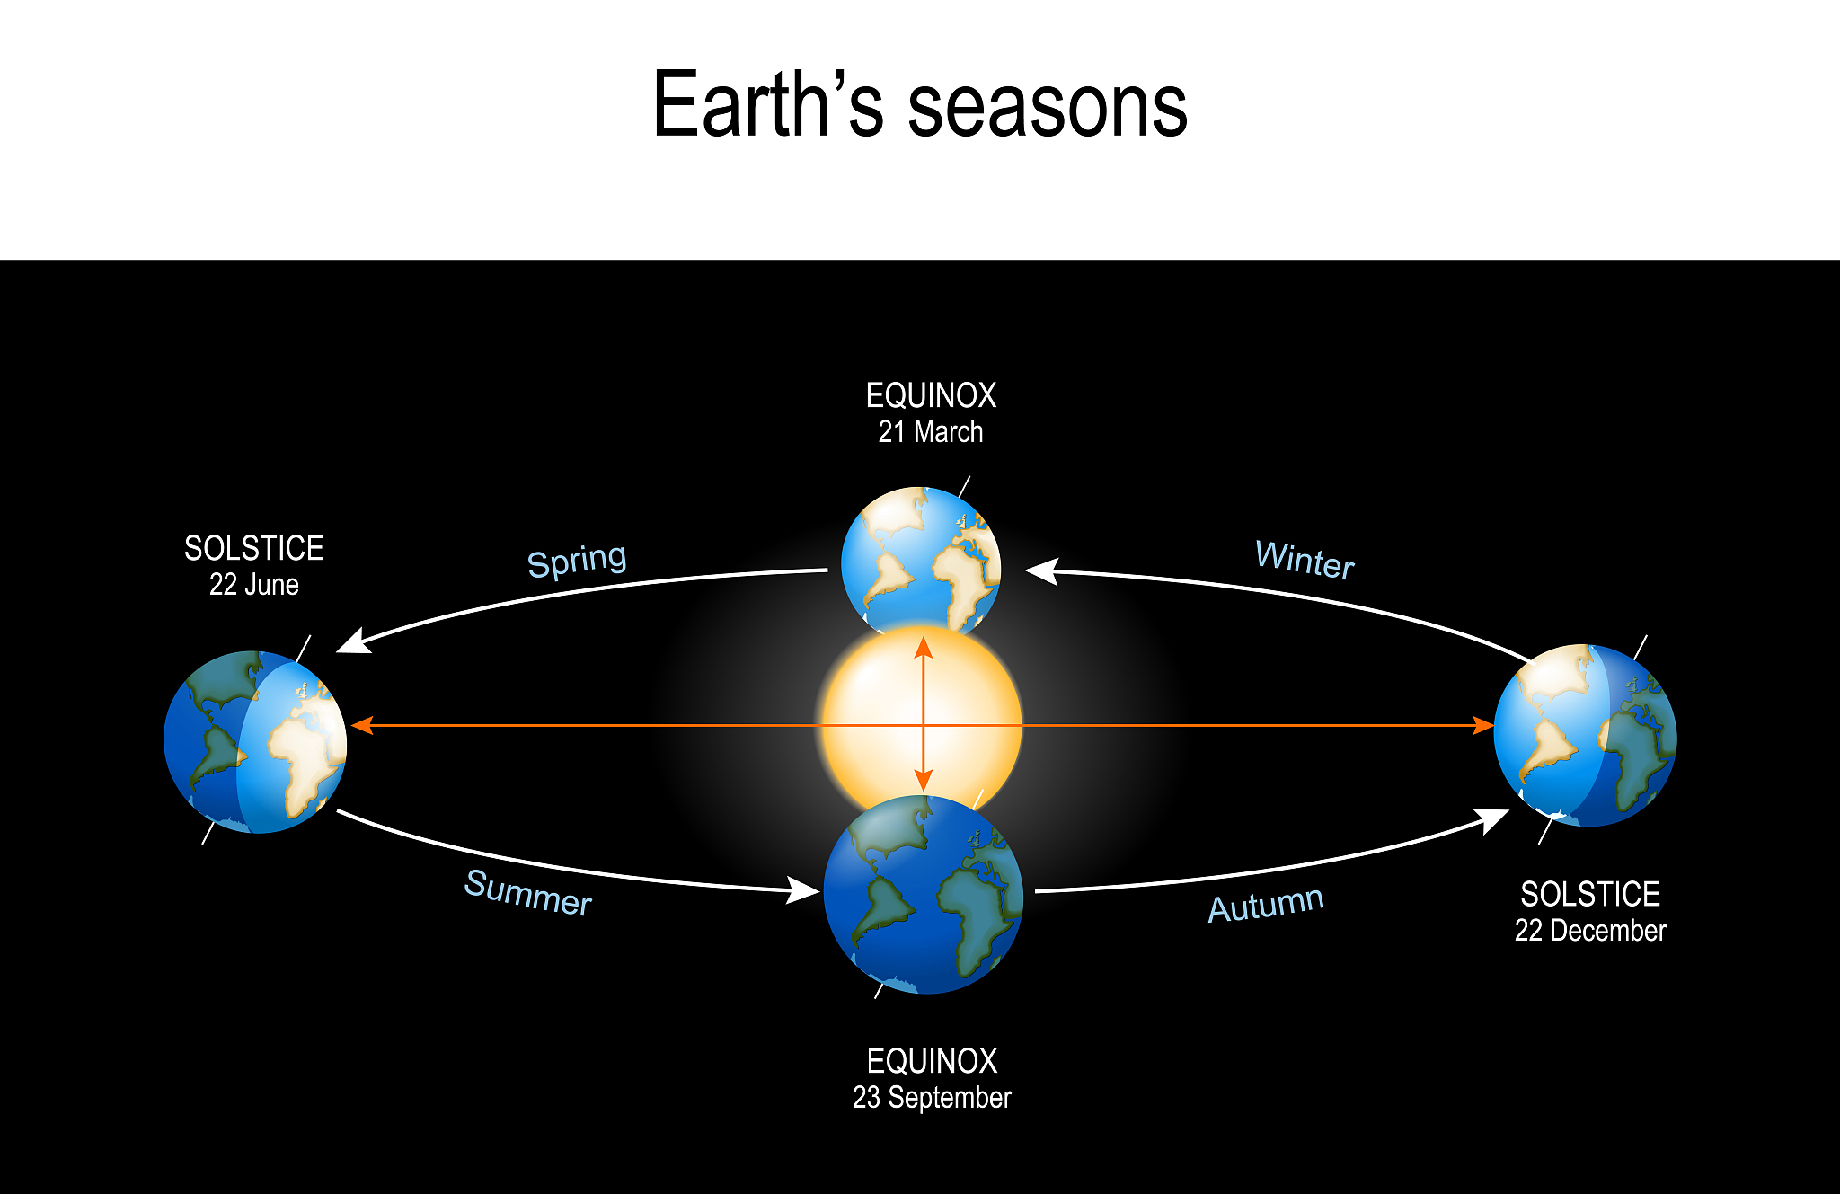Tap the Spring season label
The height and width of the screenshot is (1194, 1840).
coord(577,562)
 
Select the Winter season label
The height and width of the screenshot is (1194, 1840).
coord(1305,560)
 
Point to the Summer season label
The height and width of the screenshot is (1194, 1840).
coord(528,892)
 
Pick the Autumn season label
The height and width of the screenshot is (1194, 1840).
coord(1266,904)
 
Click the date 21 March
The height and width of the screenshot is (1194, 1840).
coord(931,432)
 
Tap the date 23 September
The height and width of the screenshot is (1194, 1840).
coord(932,1097)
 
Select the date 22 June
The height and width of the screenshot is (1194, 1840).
coord(254,585)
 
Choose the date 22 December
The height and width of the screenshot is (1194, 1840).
coord(1590,931)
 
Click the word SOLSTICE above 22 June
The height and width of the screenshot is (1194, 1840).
coord(254,548)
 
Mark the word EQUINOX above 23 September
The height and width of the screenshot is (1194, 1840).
coord(932,1061)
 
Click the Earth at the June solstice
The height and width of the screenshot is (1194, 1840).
coord(255,742)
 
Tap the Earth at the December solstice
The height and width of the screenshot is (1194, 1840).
coord(1586,735)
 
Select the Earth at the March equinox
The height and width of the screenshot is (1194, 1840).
coord(921,562)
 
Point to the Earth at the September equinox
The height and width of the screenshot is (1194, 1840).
coord(924,895)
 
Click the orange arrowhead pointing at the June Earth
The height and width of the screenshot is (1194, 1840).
coord(361,725)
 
